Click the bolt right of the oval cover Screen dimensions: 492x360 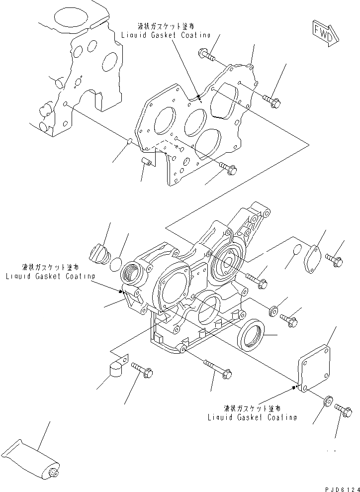pyautogui.click(x=335, y=259)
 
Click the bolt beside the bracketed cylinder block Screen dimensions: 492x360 pyautogui.click(x=142, y=371)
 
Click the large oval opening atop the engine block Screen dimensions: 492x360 pyautogui.click(x=68, y=19)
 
